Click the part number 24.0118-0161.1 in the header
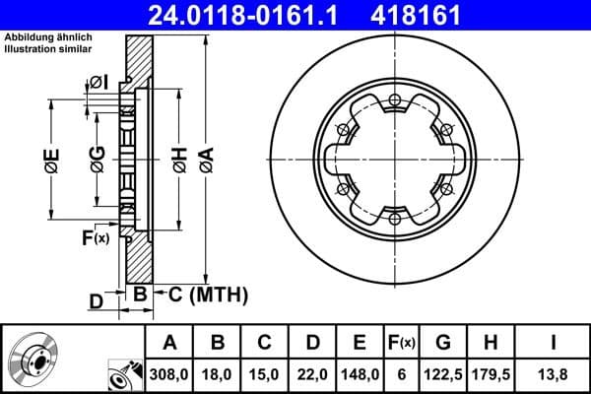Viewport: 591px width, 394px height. (x=254, y=15)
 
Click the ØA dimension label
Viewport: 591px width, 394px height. (x=205, y=162)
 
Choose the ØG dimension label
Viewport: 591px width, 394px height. (x=97, y=162)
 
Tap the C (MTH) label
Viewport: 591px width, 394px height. (x=202, y=295)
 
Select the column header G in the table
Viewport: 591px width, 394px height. (x=444, y=343)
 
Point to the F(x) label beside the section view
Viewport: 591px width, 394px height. (x=96, y=237)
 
